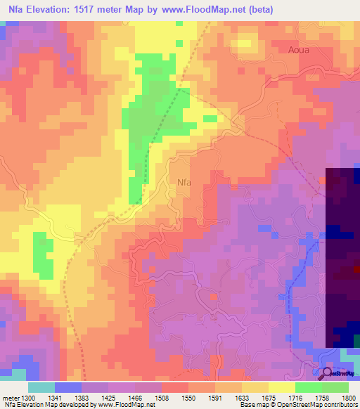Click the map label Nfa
click(x=184, y=182)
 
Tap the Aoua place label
click(x=300, y=50)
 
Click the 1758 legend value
click(x=323, y=398)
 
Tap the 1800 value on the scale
click(x=349, y=398)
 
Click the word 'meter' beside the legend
click(x=11, y=398)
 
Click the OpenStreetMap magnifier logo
click(x=328, y=372)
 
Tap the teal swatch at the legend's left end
click(x=41, y=387)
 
